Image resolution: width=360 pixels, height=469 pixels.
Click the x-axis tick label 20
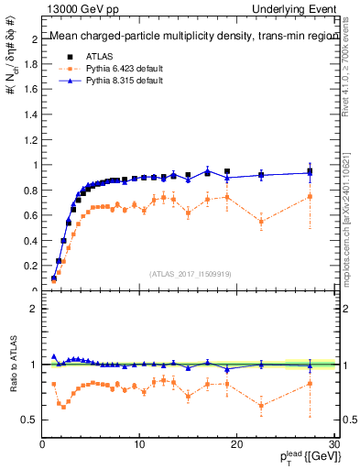click(236, 444)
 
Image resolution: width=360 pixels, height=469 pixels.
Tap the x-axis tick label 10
click(139, 444)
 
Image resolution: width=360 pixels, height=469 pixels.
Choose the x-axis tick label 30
click(333, 444)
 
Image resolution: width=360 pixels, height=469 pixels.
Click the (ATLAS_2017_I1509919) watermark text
click(189, 273)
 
